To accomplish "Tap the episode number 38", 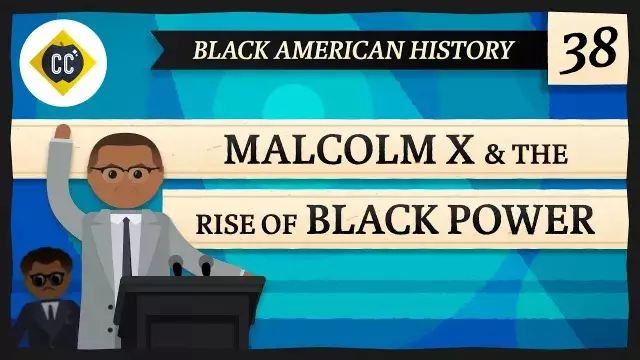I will (x=587, y=49).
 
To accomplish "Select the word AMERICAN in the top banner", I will (x=336, y=49).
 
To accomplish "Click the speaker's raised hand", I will (x=62, y=132).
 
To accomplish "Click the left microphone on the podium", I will (x=177, y=265).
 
